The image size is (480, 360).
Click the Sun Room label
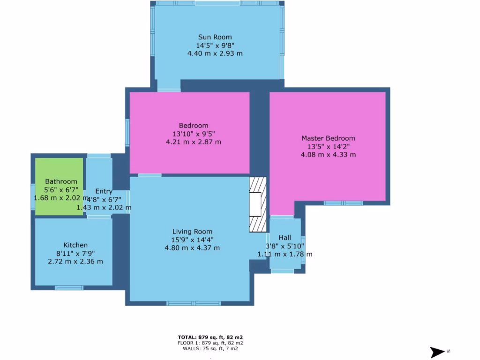215,37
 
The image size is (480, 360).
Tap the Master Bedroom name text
328,138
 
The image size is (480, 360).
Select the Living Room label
192,232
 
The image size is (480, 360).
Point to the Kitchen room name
75,245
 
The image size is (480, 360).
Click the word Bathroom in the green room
61,181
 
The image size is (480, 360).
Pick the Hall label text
285,238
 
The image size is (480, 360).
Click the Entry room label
104,191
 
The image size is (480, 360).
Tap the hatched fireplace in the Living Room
257,204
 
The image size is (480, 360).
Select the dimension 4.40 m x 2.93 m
215,53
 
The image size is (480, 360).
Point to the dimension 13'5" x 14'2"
328,146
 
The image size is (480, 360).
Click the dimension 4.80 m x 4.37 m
192,248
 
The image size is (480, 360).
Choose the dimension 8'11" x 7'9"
75,253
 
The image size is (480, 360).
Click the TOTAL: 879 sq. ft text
210,337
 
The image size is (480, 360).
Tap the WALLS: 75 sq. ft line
210,348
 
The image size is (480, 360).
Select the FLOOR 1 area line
210,343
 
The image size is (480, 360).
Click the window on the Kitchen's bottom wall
69,288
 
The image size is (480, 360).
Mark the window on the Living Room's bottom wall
194,303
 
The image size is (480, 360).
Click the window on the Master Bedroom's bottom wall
343,203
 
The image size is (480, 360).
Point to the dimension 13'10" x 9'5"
194,134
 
